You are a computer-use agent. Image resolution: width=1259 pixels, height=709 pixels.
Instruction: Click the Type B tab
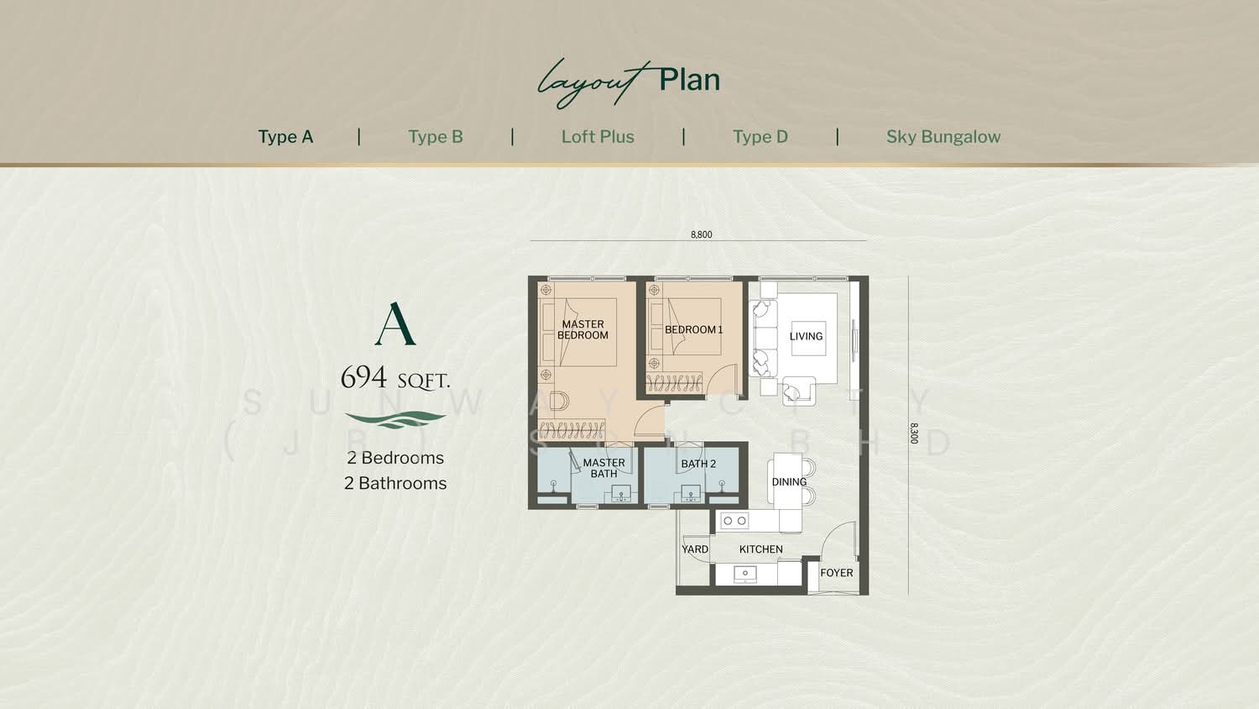[x=436, y=137]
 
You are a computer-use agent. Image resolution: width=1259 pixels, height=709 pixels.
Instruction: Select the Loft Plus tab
[x=598, y=137]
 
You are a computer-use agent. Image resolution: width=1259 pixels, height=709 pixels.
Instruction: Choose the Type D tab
[x=760, y=137]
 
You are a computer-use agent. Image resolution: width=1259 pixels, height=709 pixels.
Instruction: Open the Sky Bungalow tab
[x=943, y=137]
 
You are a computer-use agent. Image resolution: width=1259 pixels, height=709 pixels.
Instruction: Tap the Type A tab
[x=285, y=137]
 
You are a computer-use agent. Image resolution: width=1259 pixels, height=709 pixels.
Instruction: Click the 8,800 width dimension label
[x=702, y=234]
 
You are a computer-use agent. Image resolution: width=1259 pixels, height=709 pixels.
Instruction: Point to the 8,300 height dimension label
[x=914, y=433]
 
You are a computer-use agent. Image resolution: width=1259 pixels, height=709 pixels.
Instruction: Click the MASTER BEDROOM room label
[x=582, y=330]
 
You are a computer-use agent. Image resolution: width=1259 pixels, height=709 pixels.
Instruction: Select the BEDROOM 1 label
[x=693, y=330]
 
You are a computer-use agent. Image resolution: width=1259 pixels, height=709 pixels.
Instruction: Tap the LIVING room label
[x=806, y=337]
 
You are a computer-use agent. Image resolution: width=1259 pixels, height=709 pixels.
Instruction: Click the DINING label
[x=789, y=481]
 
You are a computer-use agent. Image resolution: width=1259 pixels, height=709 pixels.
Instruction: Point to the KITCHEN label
[x=761, y=549]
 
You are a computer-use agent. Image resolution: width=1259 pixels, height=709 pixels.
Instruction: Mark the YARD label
[x=695, y=549]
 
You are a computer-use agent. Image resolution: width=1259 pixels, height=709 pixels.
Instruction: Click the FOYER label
[x=836, y=573]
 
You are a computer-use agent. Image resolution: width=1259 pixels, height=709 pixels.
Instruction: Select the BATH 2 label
[x=698, y=464]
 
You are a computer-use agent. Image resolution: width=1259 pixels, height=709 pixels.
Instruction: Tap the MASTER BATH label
[x=603, y=468]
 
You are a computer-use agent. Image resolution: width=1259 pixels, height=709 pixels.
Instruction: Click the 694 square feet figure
[x=395, y=377]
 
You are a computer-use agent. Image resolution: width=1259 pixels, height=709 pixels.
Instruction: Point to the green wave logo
[x=395, y=419]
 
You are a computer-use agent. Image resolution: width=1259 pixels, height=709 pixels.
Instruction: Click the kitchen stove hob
[x=734, y=521]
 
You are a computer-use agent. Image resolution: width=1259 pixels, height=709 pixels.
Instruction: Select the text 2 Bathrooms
[x=395, y=483]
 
